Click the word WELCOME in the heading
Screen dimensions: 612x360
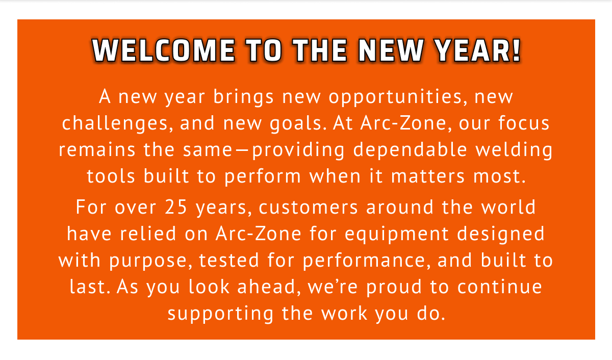[164, 50]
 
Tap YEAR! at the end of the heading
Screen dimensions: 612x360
[478, 50]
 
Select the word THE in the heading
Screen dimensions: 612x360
[320, 50]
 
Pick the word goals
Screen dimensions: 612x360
[298, 123]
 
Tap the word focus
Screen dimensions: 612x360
[524, 123]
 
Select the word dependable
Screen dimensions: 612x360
[410, 150]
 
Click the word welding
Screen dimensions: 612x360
[514, 150]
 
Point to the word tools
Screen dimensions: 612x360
[111, 176]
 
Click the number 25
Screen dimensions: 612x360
[176, 207]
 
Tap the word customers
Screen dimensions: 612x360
[308, 208]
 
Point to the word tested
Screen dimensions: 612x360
[229, 260]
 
